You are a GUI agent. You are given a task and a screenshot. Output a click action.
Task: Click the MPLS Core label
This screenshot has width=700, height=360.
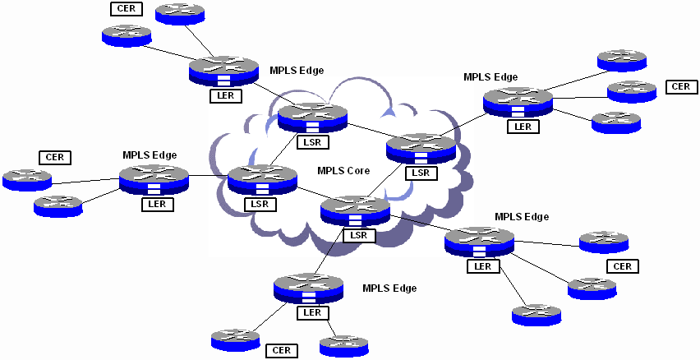pos(343,172)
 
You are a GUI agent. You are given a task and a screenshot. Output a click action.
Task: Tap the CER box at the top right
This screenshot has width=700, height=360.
pos(679,86)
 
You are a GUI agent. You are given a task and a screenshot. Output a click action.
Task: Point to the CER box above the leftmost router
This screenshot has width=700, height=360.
pos(55,157)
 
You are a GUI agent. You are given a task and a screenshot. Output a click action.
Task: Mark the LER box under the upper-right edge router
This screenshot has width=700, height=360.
pos(522,126)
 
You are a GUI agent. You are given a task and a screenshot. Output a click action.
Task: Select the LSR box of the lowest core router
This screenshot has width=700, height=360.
pos(357,235)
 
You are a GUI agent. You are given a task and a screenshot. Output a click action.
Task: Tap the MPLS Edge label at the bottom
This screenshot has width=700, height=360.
pos(389,288)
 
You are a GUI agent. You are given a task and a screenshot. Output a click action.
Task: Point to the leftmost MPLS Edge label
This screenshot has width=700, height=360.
pos(150,155)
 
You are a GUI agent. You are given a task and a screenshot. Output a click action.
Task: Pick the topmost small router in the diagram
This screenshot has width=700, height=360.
pos(180,12)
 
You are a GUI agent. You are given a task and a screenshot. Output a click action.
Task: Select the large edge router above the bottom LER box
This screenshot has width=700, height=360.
pos(308,287)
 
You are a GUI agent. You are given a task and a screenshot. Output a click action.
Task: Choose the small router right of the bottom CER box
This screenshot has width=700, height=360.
pos(343,345)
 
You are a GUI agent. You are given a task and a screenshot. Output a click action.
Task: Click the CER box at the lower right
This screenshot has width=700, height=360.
pos(622,266)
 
